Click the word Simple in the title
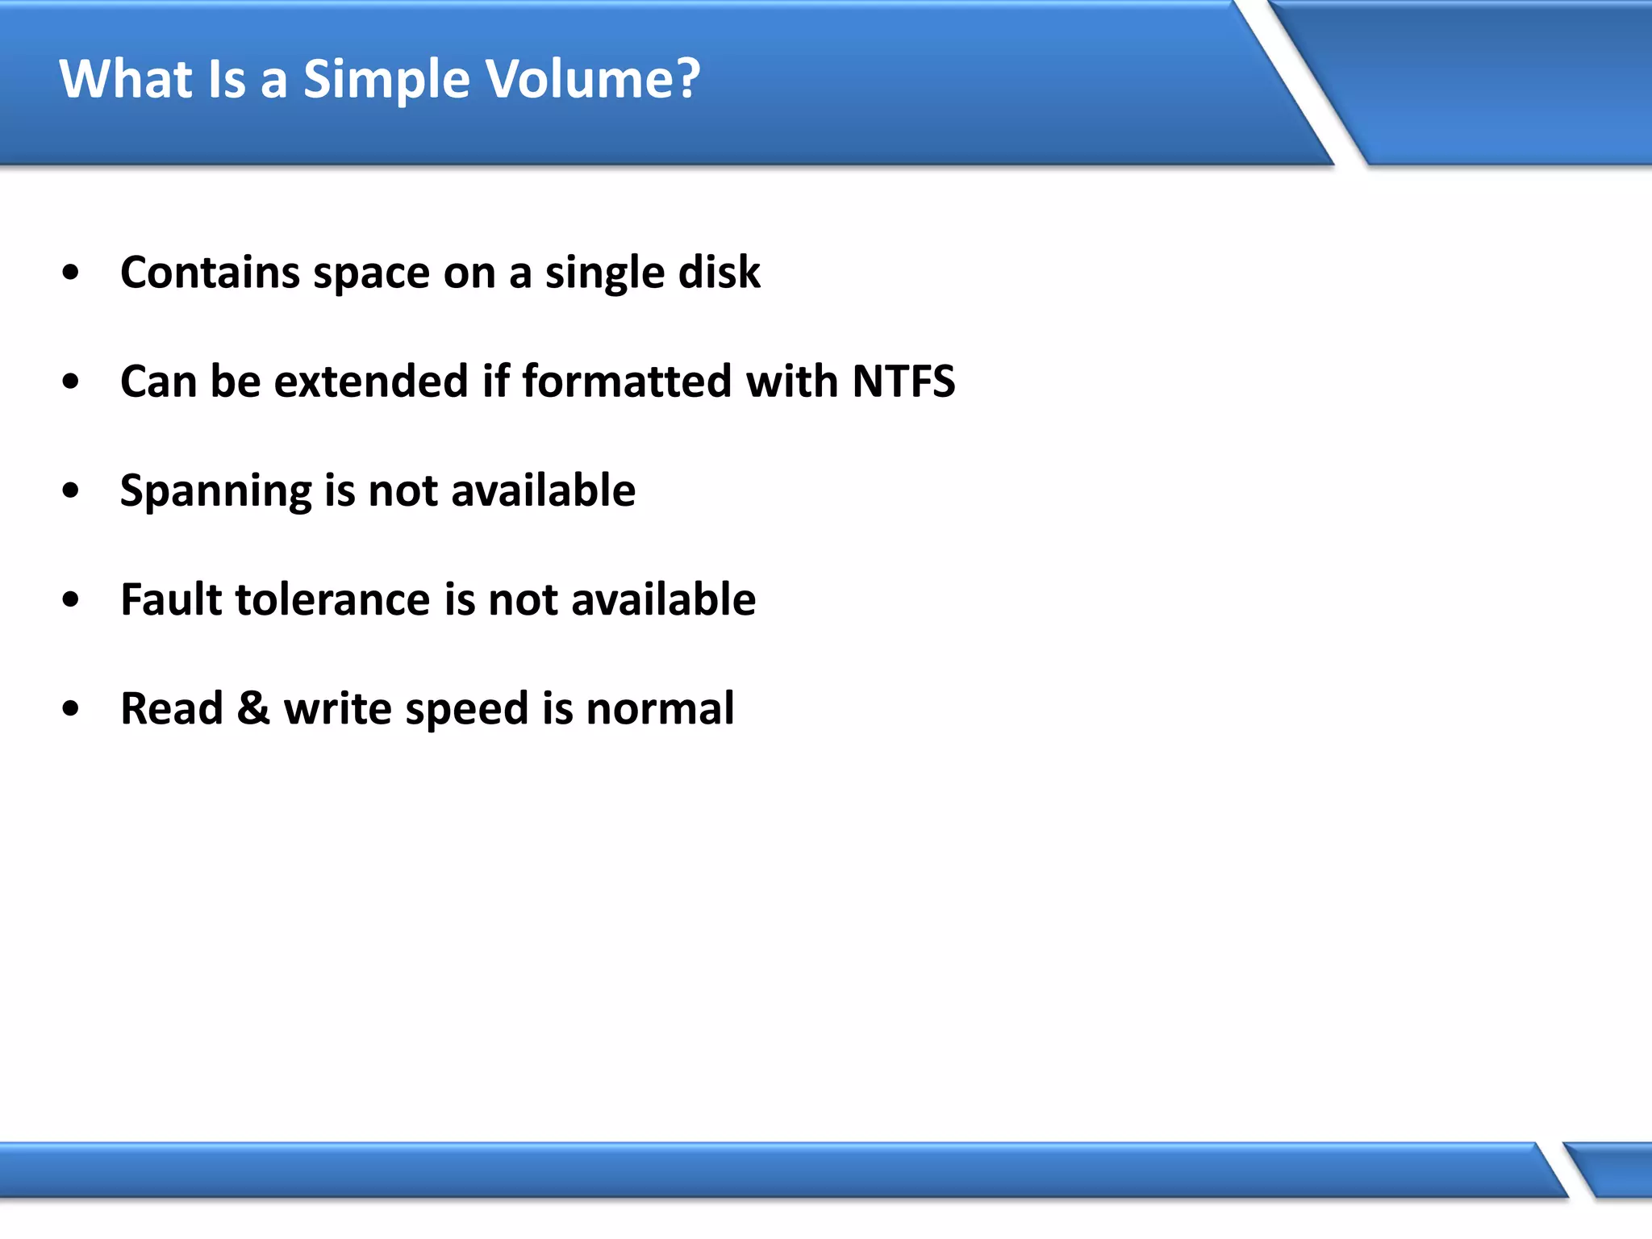coord(386,81)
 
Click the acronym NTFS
coord(903,382)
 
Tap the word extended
coord(371,382)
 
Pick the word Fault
coord(171,599)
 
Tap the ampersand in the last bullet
coord(252,708)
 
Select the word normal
coord(660,708)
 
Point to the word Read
coord(171,708)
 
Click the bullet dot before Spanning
coord(71,491)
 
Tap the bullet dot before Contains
coord(71,273)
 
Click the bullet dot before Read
coord(71,709)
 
